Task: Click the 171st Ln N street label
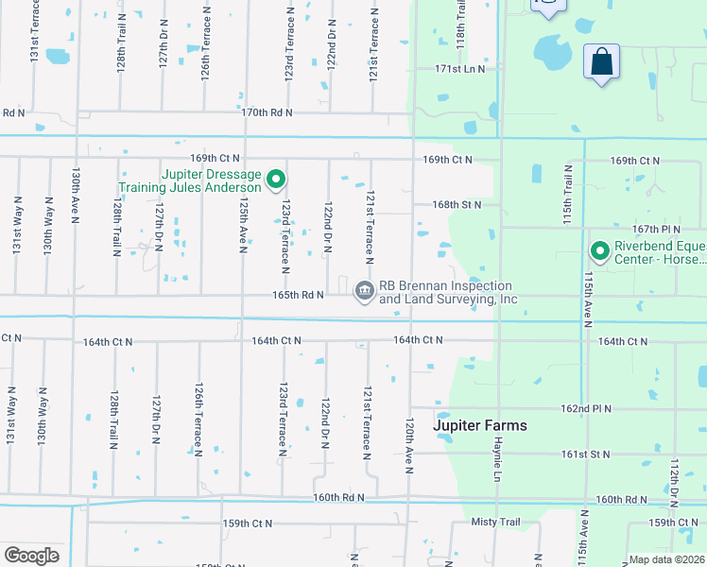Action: pos(459,69)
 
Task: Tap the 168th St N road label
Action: pos(457,204)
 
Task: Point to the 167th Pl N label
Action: pos(657,229)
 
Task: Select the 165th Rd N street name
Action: pos(300,295)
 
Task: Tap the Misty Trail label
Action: pos(495,523)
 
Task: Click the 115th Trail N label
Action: pos(569,190)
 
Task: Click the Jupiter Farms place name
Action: pos(480,426)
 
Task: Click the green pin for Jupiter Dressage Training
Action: pos(276,178)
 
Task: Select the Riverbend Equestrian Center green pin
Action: pos(599,251)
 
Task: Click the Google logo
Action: pos(31,556)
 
